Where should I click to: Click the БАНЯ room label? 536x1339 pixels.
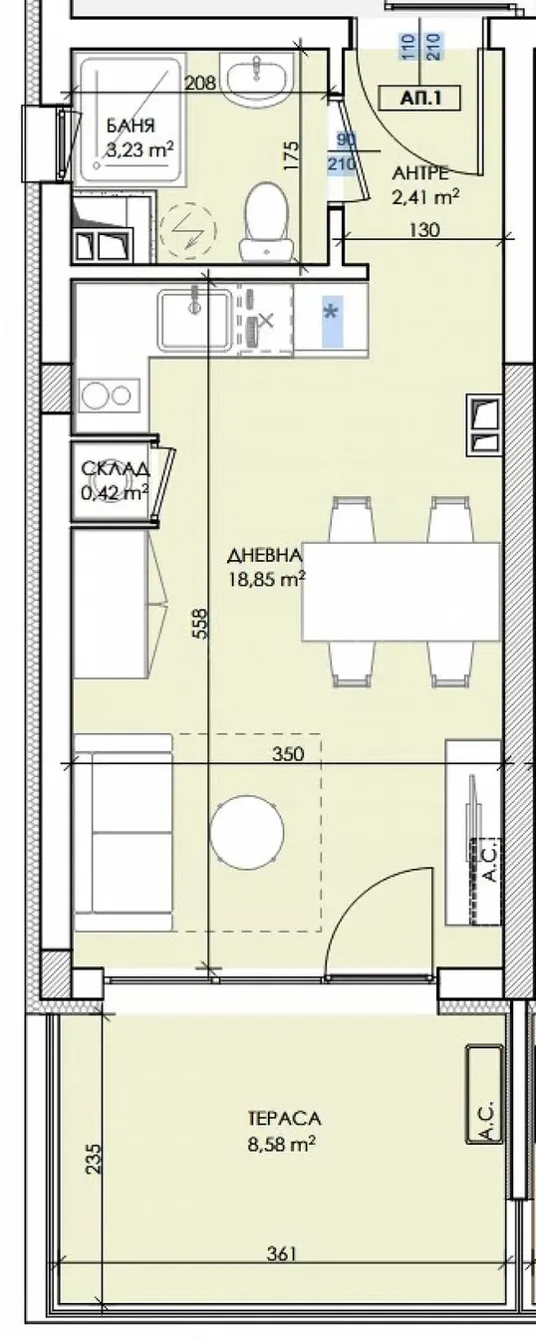(x=129, y=127)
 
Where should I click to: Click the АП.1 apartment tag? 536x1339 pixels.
(x=418, y=97)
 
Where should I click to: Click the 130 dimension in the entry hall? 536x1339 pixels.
(x=422, y=229)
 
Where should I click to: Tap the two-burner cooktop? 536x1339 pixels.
(x=108, y=396)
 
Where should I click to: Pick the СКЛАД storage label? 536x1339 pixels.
(x=116, y=469)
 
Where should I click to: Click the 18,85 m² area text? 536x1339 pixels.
(x=265, y=575)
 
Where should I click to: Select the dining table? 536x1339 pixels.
(x=402, y=593)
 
